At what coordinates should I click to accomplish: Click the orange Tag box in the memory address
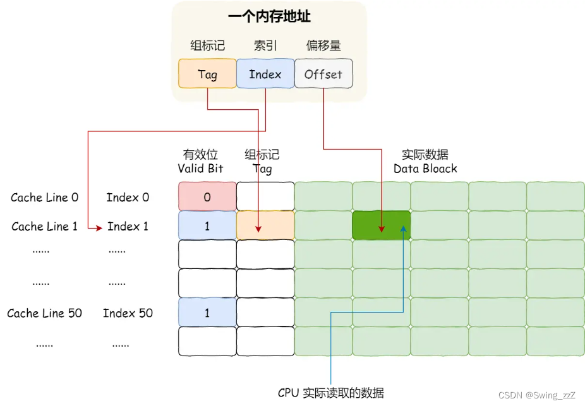[207, 74]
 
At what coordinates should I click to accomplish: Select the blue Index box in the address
[265, 74]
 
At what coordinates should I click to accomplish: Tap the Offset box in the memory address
[323, 74]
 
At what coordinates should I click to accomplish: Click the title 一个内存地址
[269, 17]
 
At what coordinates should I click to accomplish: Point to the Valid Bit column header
[200, 162]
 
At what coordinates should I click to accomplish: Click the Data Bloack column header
[425, 162]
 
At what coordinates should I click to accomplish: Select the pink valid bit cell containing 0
[207, 197]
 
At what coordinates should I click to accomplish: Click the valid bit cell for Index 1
[207, 226]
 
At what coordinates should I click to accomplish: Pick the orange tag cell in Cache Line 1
[265, 226]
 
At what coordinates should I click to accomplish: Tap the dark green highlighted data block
[381, 226]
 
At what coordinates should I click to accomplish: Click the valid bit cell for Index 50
[207, 313]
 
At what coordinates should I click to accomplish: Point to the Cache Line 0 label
[44, 198]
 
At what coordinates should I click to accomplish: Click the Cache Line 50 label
[44, 313]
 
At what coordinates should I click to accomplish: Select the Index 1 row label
[128, 226]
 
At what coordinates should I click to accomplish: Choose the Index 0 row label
[128, 198]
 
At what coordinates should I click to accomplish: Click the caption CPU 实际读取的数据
[330, 393]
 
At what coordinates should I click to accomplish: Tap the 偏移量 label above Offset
[323, 45]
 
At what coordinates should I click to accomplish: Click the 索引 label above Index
[265, 45]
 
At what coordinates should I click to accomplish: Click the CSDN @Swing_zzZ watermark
[536, 395]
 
